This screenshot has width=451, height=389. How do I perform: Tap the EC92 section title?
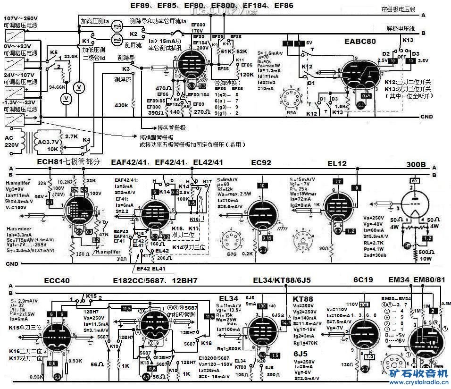click(x=261, y=163)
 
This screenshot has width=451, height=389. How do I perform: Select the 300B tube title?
click(x=416, y=165)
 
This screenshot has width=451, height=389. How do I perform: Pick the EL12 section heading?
click(x=337, y=163)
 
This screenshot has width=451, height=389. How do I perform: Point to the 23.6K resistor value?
click(x=71, y=56)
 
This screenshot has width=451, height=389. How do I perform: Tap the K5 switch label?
click(x=53, y=52)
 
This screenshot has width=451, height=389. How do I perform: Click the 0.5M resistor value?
click(x=445, y=304)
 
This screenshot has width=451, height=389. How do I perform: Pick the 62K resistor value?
click(x=242, y=51)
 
